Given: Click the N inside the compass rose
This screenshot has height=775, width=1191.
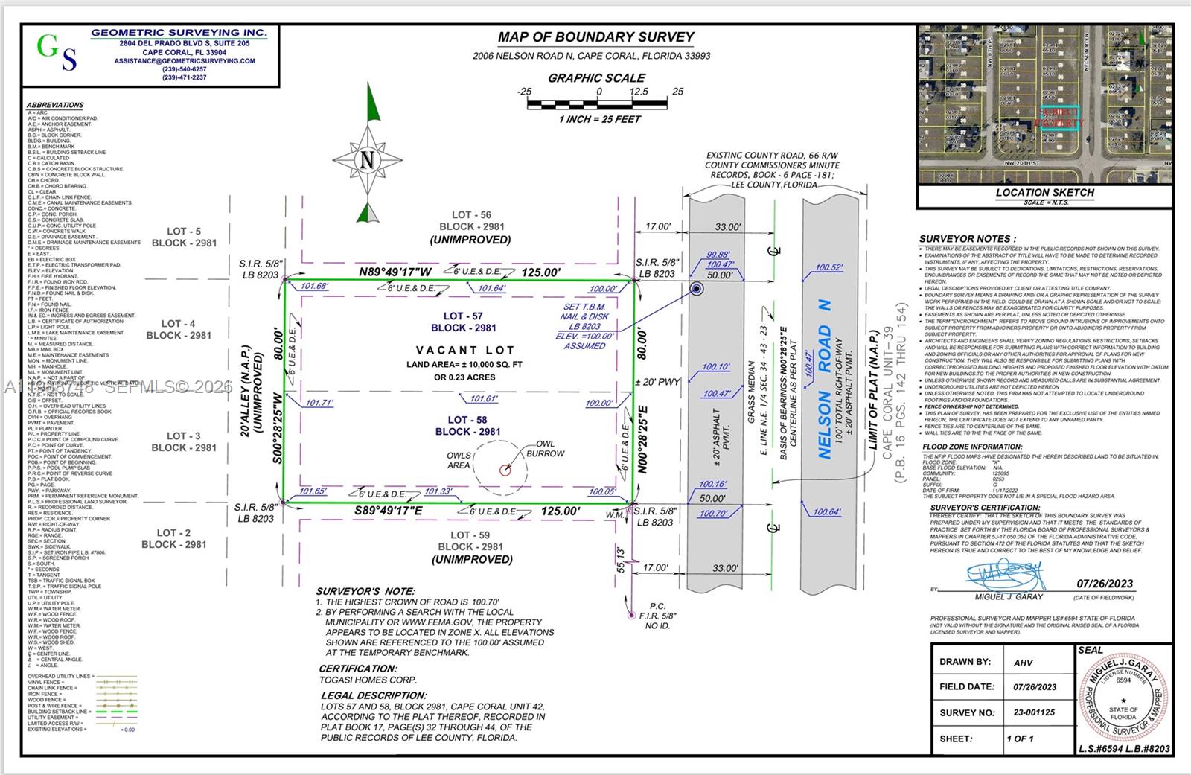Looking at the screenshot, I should pyautogui.click(x=367, y=159).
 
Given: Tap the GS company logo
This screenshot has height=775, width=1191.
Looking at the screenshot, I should pyautogui.click(x=57, y=52).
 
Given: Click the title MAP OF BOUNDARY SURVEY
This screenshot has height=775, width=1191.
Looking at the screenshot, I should pyautogui.click(x=595, y=37).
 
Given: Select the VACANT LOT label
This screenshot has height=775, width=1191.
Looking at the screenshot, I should pyautogui.click(x=466, y=350).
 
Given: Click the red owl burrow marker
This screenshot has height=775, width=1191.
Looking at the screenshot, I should pyautogui.click(x=505, y=470).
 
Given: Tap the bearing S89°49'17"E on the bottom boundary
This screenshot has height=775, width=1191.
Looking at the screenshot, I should pyautogui.click(x=388, y=511).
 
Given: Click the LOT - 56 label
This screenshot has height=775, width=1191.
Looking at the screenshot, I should pyautogui.click(x=471, y=215).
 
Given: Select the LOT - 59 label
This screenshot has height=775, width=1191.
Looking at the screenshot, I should pyautogui.click(x=470, y=535).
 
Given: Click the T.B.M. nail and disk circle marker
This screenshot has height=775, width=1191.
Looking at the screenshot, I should pyautogui.click(x=697, y=289).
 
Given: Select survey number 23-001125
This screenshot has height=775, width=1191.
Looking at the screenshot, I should pyautogui.click(x=1034, y=712).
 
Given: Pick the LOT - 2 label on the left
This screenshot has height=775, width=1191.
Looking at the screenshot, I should pyautogui.click(x=173, y=533).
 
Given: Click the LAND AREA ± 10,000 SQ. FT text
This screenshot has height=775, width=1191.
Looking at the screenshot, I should pyautogui.click(x=464, y=365).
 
